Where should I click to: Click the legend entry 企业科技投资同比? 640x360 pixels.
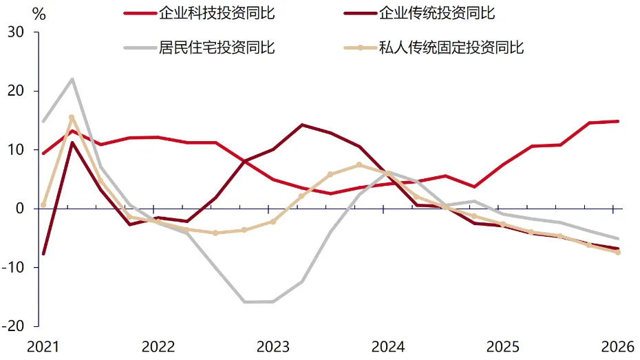[199, 13]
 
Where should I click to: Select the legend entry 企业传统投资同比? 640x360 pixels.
[419, 13]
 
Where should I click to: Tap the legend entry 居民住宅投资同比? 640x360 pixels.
[199, 47]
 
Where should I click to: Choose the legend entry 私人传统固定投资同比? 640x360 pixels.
[434, 47]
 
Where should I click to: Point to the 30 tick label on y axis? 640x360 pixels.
[16, 32]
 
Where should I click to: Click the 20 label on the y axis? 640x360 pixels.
[16, 91]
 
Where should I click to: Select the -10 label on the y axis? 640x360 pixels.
[13, 267]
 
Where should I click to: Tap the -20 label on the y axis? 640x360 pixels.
[13, 326]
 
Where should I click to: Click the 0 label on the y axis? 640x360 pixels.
[19, 209]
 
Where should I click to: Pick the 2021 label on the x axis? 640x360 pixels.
[43, 347]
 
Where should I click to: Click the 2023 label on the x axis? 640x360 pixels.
[273, 347]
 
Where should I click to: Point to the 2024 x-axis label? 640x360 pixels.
[387, 347]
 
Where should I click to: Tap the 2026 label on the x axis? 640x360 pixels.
[617, 347]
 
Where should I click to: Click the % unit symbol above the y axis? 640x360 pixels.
[39, 14]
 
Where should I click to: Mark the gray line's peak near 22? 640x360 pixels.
[72, 78]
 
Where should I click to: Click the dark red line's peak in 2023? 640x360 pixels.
[301, 125]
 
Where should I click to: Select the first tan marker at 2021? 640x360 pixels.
[43, 205]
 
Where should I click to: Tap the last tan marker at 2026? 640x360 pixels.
[617, 253]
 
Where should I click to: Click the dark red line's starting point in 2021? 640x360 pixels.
[43, 254]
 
